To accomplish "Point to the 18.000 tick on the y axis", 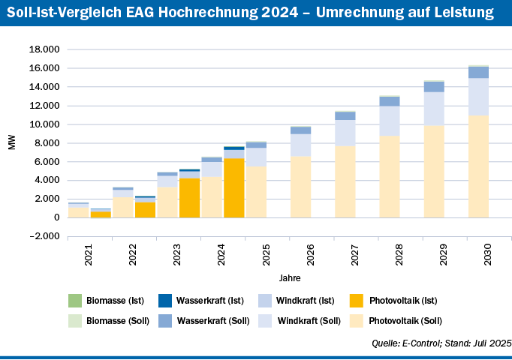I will [44, 49].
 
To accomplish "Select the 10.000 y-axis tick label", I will [44, 124].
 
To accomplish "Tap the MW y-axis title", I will [11, 142].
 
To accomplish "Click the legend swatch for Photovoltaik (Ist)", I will [357, 301].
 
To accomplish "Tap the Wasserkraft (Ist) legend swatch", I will [165, 301].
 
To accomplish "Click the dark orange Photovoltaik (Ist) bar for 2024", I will [233, 187].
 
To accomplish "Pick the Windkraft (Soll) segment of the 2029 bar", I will [434, 109].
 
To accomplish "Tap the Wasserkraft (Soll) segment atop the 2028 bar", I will [390, 101].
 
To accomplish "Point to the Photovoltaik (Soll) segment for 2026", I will [300, 187].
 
